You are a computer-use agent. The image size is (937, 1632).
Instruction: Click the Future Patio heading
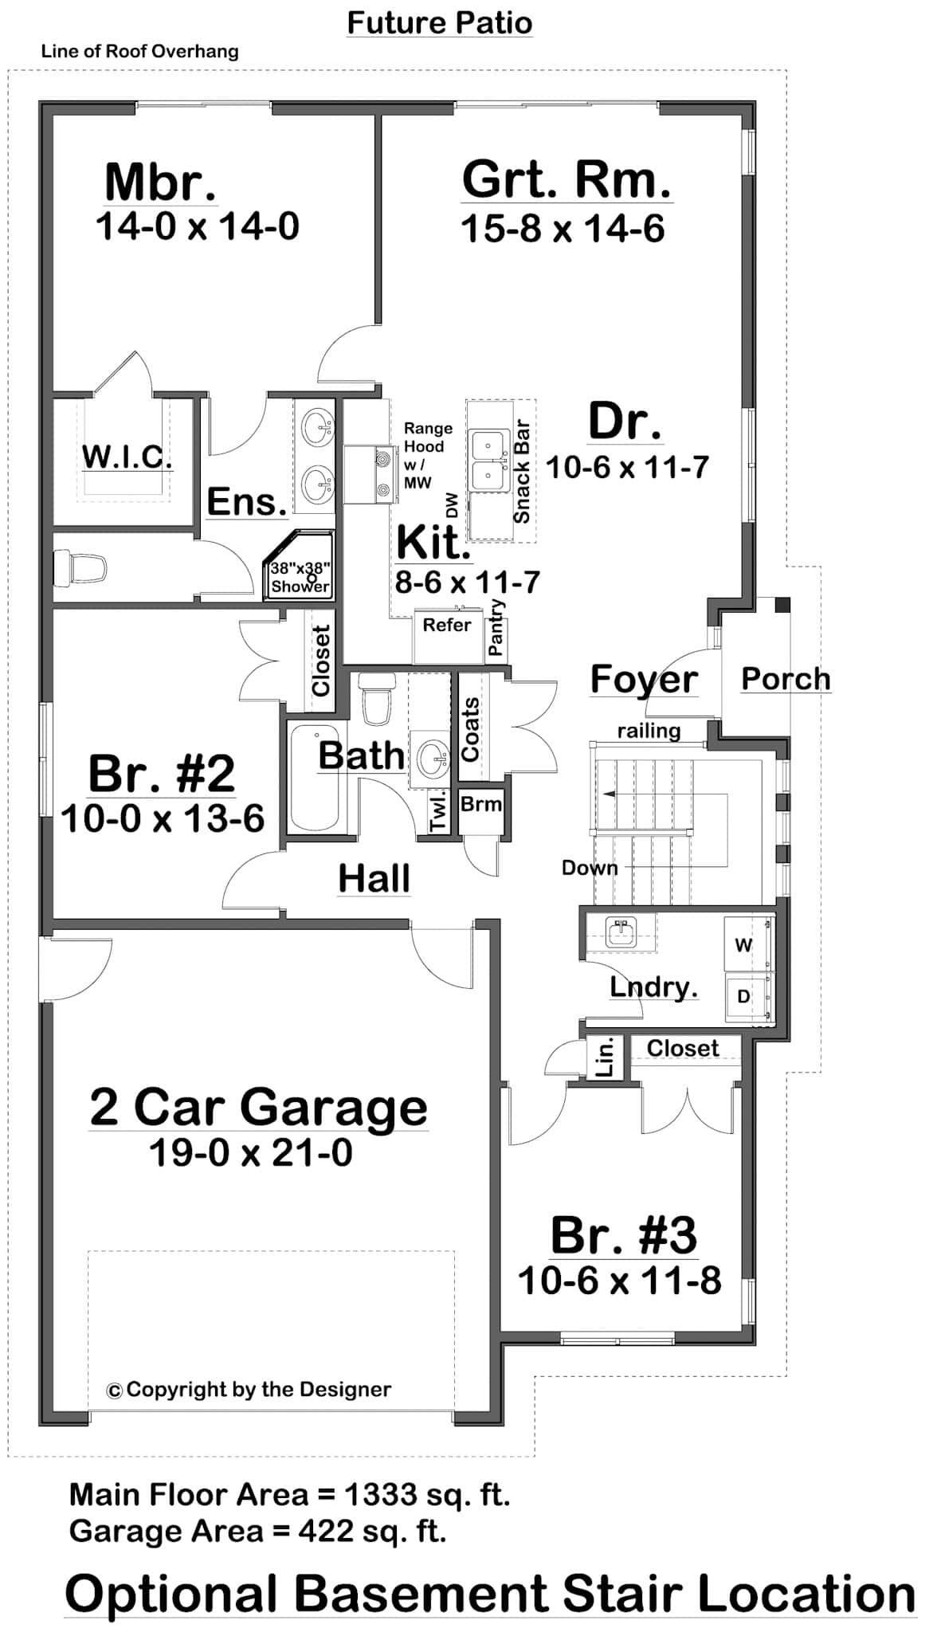point(439,22)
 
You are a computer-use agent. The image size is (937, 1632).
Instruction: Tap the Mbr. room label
point(160,182)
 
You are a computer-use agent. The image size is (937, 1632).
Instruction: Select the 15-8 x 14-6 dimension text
point(563,229)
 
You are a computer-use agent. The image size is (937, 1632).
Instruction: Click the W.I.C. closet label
point(127,457)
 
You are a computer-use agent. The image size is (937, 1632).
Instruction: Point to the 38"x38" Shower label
point(300,578)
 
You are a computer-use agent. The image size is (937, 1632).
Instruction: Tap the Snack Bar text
point(522,471)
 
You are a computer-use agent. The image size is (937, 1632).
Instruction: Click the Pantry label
point(496,627)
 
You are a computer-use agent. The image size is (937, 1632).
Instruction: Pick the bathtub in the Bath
point(315,778)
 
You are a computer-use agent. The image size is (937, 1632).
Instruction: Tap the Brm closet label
point(481,804)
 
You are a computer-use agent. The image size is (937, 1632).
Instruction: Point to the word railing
point(649,731)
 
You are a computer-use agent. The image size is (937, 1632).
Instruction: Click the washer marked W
point(744,945)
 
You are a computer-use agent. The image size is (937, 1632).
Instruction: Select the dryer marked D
point(744,996)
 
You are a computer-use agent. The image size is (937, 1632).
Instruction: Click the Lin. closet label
point(606,1057)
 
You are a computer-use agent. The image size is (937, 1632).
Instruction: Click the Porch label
point(786,679)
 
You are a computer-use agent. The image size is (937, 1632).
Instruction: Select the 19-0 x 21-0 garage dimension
point(251,1152)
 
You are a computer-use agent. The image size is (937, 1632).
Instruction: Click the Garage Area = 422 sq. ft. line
point(257,1531)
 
